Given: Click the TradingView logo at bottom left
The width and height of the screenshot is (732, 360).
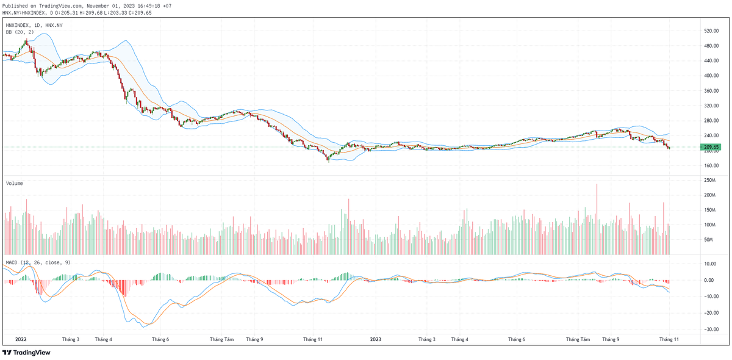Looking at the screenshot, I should (x=26, y=353).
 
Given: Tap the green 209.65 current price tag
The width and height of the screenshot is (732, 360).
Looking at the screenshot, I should (x=712, y=147).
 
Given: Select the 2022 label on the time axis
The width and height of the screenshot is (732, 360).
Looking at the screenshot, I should (x=21, y=339).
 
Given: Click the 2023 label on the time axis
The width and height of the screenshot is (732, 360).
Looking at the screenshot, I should (x=376, y=339).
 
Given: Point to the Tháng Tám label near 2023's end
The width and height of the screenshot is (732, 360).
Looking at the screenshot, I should (x=578, y=339).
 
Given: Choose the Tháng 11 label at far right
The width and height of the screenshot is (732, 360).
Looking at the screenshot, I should (x=669, y=339).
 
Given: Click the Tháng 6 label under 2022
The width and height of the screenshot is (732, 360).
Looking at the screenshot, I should (x=160, y=339).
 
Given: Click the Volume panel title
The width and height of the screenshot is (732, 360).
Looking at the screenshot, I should (x=15, y=183).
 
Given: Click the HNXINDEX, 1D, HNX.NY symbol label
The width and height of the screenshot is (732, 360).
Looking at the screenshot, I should (x=34, y=25).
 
